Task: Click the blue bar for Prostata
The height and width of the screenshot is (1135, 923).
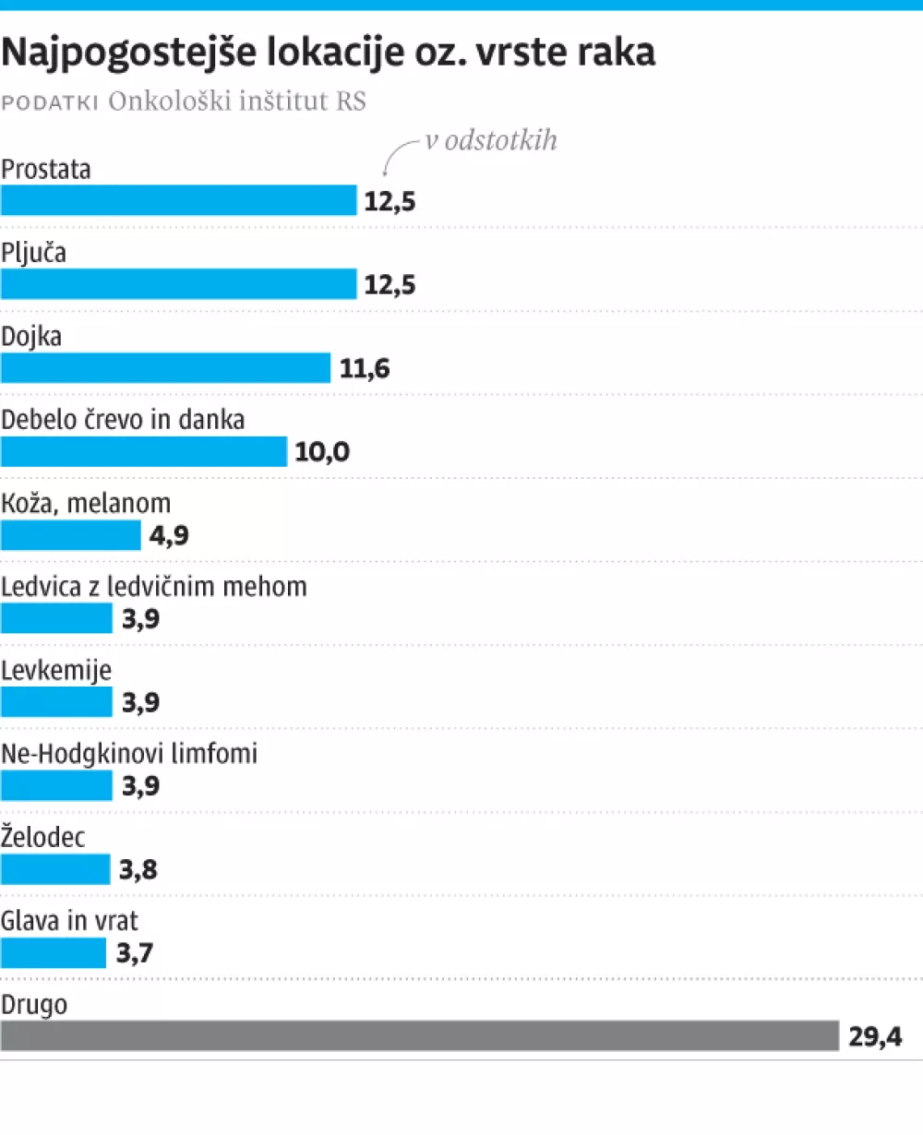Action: (x=178, y=200)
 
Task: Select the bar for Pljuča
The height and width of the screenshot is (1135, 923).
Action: (x=178, y=284)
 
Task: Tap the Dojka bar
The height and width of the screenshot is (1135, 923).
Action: (x=165, y=368)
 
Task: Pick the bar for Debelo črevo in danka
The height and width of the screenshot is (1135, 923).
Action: (x=144, y=451)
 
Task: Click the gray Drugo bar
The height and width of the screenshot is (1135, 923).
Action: (x=419, y=1035)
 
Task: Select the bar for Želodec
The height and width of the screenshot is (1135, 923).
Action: (x=55, y=868)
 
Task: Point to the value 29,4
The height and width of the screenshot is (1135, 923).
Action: (x=875, y=1036)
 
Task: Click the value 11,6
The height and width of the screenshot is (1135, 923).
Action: (x=365, y=369)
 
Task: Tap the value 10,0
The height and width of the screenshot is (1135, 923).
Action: (x=322, y=452)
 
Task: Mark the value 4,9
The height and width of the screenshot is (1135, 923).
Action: (x=169, y=535)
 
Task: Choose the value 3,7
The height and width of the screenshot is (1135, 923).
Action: (x=135, y=952)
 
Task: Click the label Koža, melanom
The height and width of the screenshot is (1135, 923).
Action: (x=86, y=504)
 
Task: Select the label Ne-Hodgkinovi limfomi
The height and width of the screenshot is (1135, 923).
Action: (x=129, y=754)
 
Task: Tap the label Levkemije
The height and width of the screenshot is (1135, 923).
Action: (x=56, y=670)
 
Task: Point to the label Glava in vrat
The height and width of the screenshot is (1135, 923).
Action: (x=70, y=921)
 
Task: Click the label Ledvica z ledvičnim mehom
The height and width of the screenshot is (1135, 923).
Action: (x=154, y=587)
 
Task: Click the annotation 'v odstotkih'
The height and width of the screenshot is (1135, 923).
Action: (x=491, y=140)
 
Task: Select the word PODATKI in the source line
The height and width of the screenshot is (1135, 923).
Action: (x=50, y=102)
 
